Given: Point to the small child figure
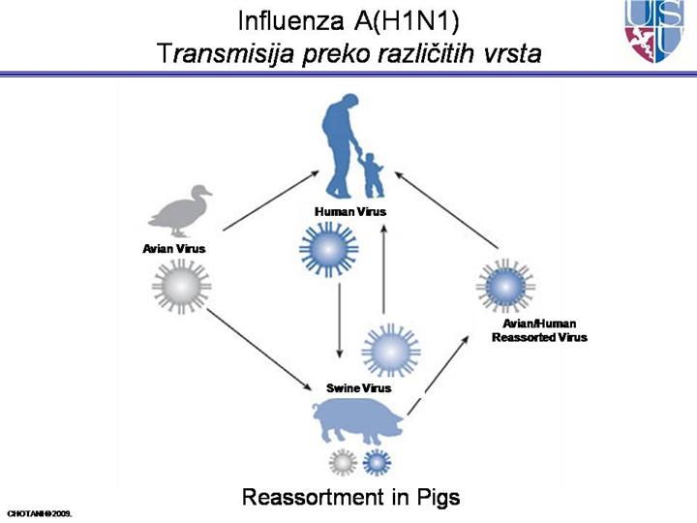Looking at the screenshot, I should (373, 172).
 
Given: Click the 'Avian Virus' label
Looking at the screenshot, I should (174, 249).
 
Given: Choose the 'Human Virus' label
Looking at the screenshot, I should (345, 210).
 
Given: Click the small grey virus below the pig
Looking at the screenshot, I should (342, 462).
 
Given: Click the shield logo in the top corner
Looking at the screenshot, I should (660, 31).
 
